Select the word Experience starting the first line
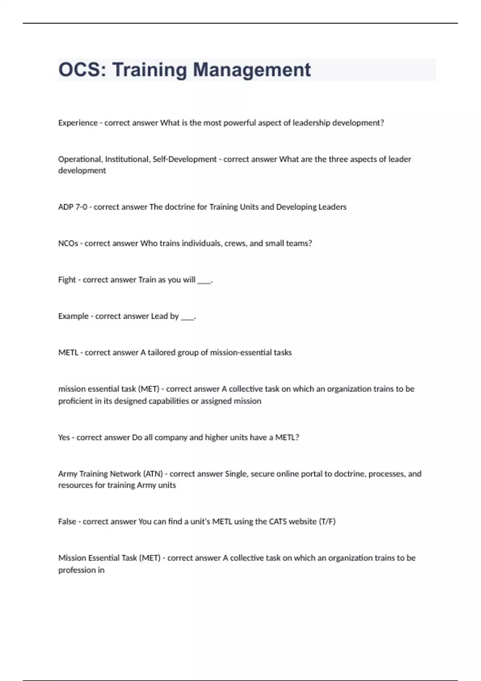pos(78,123)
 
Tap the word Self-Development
pos(184,159)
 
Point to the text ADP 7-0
pos(73,207)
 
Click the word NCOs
pos(68,243)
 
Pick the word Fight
pos(67,280)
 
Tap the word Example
pos(73,316)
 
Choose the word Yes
pos(64,437)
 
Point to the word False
pos(67,522)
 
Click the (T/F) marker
pos(327,522)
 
